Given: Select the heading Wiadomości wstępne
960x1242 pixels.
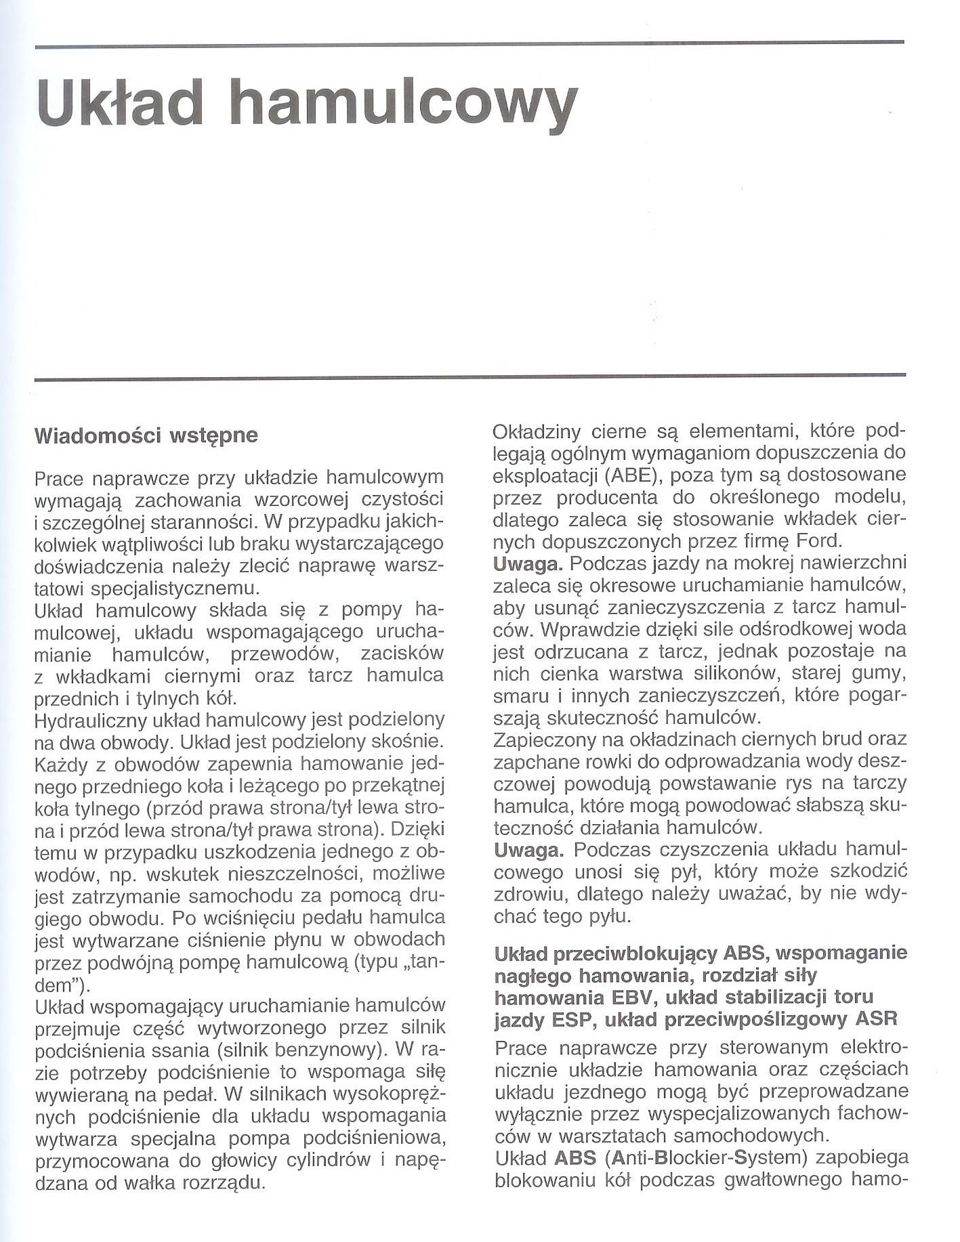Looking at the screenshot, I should coord(146,435).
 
